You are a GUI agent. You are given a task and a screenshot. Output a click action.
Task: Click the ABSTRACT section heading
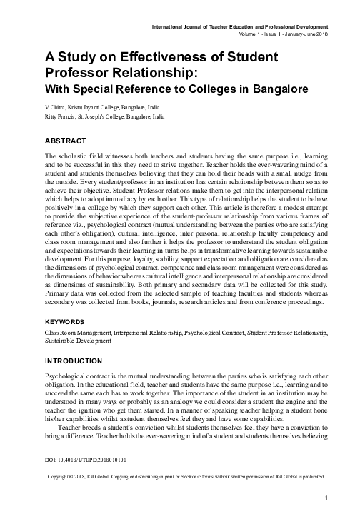[66, 141]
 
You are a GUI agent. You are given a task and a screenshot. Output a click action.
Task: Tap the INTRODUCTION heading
[76, 361]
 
